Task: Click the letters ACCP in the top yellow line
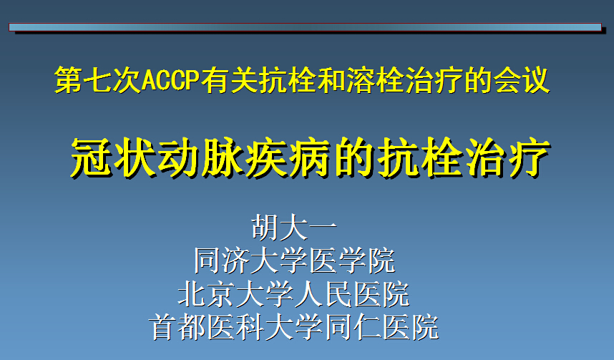[171, 80]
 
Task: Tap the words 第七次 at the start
[98, 80]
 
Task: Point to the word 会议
[521, 80]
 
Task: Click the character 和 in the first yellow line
[331, 80]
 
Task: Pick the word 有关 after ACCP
[230, 80]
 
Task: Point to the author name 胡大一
[294, 227]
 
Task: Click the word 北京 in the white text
[207, 294]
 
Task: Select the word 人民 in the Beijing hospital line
[323, 294]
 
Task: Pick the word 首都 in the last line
[177, 327]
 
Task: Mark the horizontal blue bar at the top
[305, 27]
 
